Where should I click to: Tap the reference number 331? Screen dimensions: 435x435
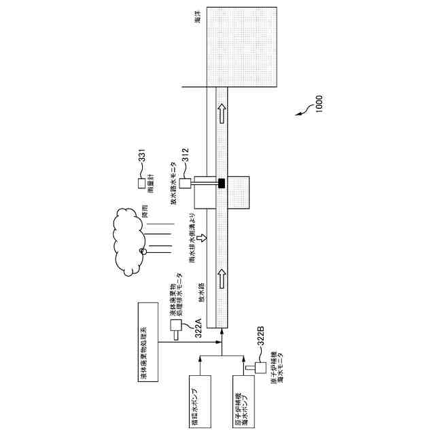pyautogui.click(x=142, y=158)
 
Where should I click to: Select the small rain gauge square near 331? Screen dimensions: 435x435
pyautogui.click(x=142, y=184)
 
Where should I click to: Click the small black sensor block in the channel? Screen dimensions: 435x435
pyautogui.click(x=221, y=183)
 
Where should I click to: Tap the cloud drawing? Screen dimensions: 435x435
pyautogui.click(x=133, y=241)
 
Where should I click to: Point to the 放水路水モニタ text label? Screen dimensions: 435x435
pyautogui.click(x=173, y=184)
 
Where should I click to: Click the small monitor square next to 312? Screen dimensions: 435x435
pyautogui.click(x=185, y=183)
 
